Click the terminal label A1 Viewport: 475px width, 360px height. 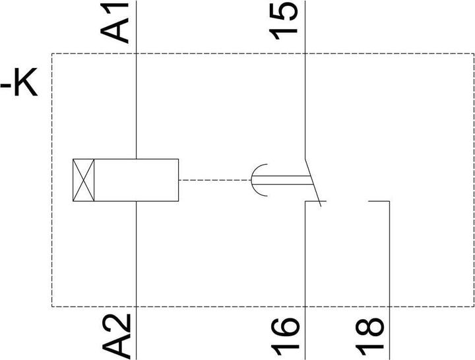click(x=115, y=23)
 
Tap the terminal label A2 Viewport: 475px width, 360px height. click(x=116, y=336)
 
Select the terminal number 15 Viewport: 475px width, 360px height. click(x=283, y=21)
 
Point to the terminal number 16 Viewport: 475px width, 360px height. click(x=285, y=336)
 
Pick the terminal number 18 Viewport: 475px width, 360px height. click(x=369, y=336)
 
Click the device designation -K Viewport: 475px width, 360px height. click(x=18, y=82)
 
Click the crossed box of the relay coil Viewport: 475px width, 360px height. click(x=84, y=180)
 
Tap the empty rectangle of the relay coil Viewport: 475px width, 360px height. click(x=137, y=180)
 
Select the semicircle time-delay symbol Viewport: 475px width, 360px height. click(x=252, y=180)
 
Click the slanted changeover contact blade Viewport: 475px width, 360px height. click(x=313, y=182)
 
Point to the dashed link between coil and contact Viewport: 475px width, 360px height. click(x=215, y=180)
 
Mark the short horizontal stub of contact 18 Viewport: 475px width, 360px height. click(x=379, y=201)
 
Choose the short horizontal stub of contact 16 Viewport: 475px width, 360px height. click(x=315, y=201)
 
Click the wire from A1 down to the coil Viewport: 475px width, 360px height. click(x=137, y=79)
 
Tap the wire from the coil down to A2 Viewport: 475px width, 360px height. click(x=137, y=280)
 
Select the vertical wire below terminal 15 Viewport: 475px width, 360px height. click(x=305, y=79)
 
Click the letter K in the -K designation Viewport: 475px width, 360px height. click(x=26, y=82)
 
